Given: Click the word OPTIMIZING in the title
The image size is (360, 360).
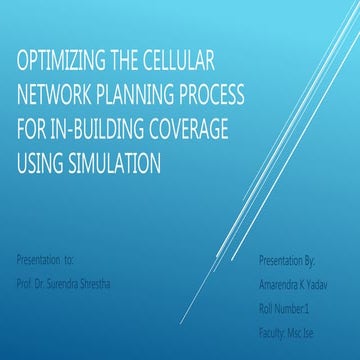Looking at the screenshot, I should click(62, 63).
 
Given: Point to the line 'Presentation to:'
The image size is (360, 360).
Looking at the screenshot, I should click(46, 259).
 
